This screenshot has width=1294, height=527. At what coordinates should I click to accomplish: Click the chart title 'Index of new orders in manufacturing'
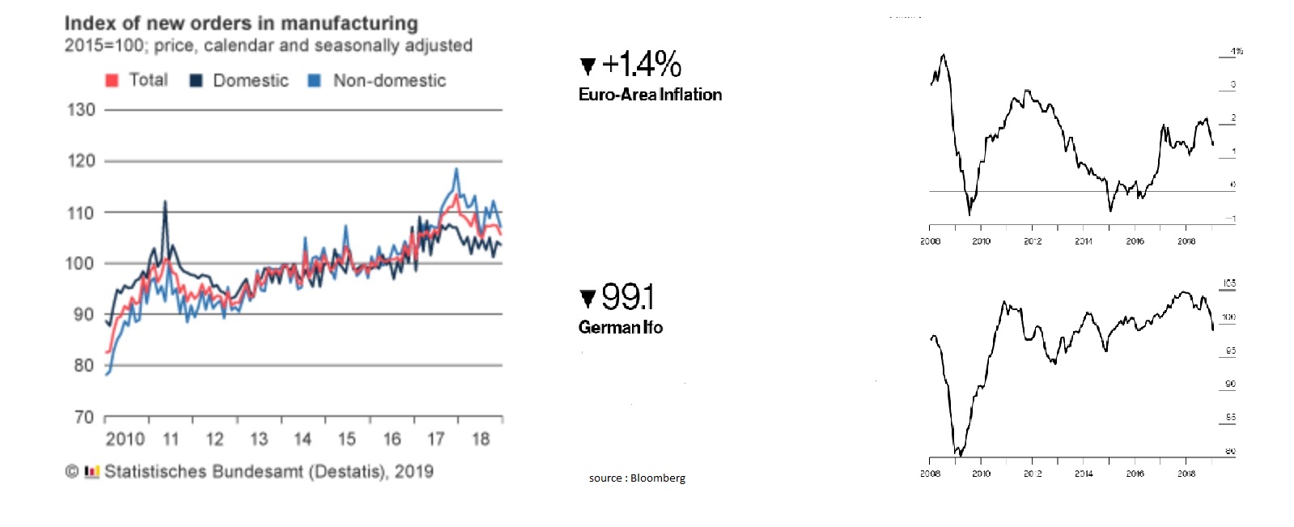[241, 23]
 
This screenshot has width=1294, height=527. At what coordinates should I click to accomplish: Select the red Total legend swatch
[112, 80]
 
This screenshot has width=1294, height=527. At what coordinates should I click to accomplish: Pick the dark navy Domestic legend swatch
[196, 80]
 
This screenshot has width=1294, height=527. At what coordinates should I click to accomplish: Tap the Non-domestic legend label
[389, 80]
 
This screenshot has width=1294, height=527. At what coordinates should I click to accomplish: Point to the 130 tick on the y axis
[81, 109]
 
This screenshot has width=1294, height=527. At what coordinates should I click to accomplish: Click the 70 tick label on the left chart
[83, 417]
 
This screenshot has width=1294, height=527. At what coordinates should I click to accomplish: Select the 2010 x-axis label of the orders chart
[125, 439]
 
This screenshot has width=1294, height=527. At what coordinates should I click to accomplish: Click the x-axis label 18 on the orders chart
[481, 439]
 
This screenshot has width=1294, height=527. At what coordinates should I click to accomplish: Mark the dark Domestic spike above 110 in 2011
[165, 202]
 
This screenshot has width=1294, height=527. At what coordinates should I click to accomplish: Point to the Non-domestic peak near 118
[456, 169]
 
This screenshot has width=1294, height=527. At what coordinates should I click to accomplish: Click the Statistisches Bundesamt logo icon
[91, 471]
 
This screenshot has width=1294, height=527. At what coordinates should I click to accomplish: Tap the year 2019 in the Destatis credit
[414, 471]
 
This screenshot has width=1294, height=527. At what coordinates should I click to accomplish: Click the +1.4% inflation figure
[641, 64]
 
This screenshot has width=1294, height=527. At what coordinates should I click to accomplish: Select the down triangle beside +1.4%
[588, 66]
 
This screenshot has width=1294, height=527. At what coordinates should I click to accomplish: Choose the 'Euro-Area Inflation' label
[650, 95]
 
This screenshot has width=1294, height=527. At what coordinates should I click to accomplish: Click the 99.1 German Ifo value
[628, 297]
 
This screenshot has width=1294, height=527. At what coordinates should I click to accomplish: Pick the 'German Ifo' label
[621, 327]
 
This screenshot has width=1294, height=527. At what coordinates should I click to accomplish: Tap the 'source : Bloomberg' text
[637, 478]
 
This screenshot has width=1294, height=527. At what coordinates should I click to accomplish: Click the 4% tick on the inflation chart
[1236, 51]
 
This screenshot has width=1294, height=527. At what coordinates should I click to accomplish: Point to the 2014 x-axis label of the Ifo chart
[1084, 474]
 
